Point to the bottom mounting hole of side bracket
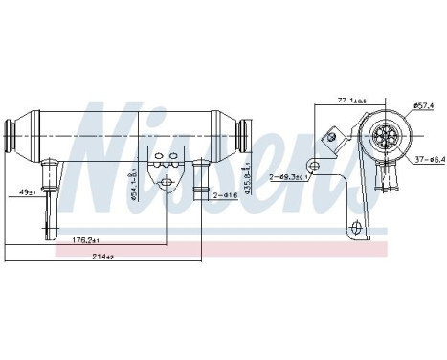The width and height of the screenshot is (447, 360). click(357, 228)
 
